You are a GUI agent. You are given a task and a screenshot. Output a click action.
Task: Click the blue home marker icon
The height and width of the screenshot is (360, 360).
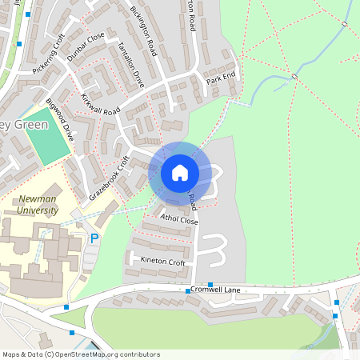click(179, 172)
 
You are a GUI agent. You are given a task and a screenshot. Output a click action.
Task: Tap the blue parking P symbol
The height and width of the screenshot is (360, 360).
click(94, 238)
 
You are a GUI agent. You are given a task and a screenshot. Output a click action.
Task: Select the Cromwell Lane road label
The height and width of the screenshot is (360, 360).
click(214, 290)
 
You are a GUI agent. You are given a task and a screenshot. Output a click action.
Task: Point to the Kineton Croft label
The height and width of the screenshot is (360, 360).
click(162, 262)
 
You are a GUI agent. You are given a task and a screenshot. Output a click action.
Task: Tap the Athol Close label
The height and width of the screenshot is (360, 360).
click(178, 219)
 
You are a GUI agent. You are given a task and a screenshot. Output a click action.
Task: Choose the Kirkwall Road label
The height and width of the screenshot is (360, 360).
click(100, 104)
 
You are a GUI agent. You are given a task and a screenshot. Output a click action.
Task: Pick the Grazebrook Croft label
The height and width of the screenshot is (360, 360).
click(110, 178)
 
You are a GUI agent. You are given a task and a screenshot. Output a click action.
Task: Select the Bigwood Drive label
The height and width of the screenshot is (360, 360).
click(60, 120)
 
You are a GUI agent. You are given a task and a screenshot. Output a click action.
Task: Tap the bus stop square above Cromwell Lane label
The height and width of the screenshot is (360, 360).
click(210, 284)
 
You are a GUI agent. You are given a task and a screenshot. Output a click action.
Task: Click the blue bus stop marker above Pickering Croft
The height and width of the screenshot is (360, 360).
click(29, 14)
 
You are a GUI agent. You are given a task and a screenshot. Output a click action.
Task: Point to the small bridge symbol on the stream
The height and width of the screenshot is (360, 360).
click(294, 76)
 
